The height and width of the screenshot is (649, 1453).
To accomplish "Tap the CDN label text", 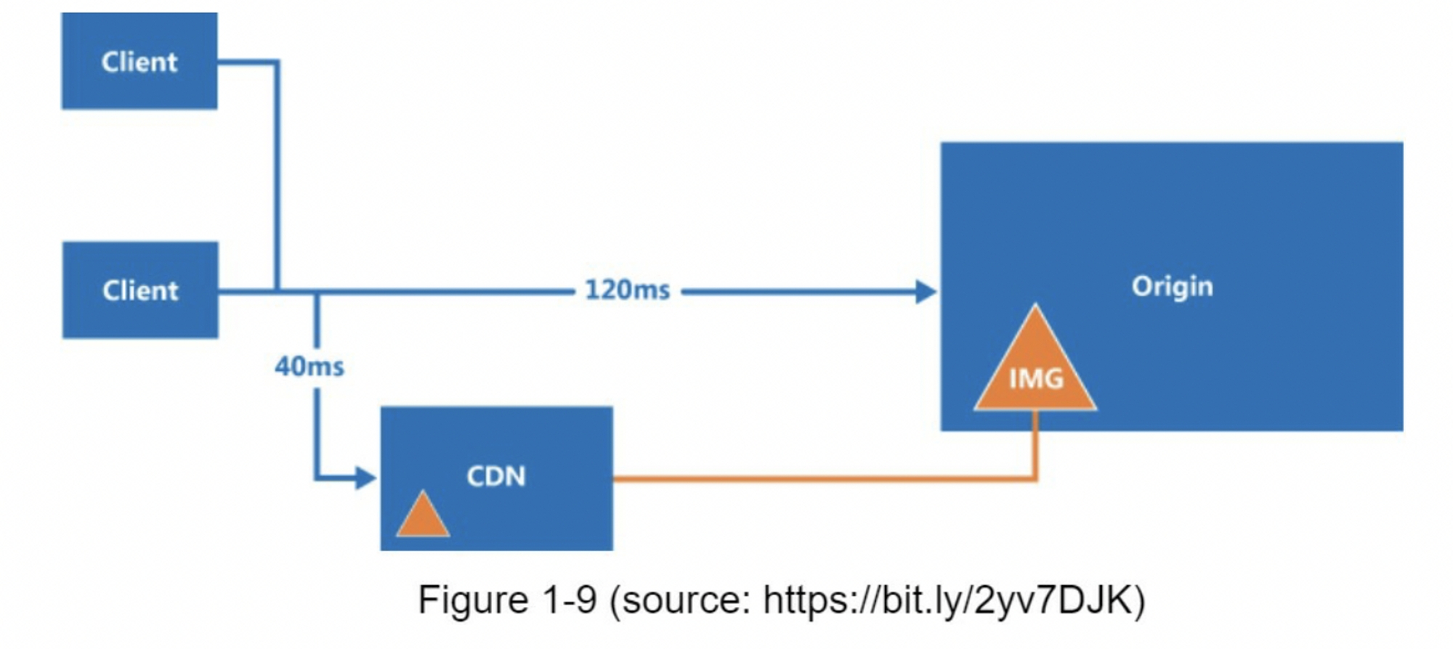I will [495, 476].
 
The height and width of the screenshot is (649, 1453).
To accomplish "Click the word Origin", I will [1172, 286].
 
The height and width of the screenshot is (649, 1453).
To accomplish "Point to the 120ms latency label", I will [628, 290].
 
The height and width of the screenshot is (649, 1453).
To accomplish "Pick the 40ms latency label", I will [309, 367].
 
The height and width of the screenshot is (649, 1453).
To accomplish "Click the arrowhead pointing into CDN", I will [365, 478].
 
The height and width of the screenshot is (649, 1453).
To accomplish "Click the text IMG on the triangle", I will [1036, 379].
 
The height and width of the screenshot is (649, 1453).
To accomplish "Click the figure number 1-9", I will [569, 600].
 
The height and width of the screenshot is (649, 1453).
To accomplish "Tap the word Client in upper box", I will [139, 62].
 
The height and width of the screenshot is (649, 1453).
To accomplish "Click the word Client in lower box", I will [140, 290].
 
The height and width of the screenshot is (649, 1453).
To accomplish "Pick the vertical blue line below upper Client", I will [277, 174].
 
